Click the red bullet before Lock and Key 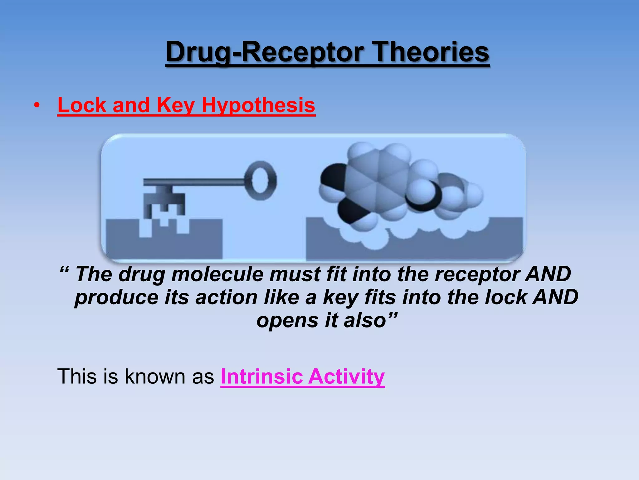click(x=37, y=106)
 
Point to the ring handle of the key click(x=261, y=180)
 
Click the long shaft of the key click(x=193, y=182)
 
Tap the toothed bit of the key click(x=164, y=203)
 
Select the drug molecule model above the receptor click(x=396, y=184)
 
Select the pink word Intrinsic click(x=261, y=376)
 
